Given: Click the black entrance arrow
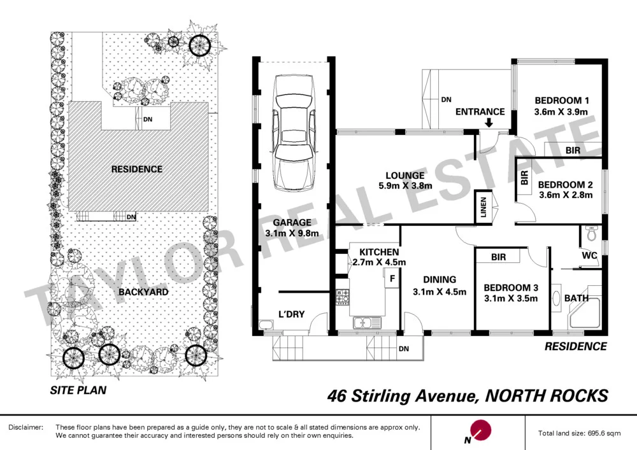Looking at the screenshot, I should click(x=489, y=124).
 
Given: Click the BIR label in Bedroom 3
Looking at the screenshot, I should click(x=498, y=257).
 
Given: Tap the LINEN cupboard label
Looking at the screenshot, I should click(x=483, y=207).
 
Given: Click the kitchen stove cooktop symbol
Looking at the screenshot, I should click(x=342, y=296).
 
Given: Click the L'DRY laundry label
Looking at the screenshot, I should click(x=292, y=314).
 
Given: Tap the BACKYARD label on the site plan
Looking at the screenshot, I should click(x=143, y=292).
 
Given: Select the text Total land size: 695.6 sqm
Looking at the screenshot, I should click(x=580, y=433).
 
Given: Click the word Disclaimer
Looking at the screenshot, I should click(x=25, y=427).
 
